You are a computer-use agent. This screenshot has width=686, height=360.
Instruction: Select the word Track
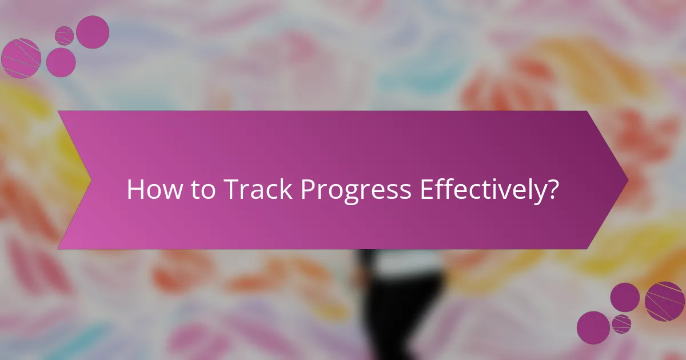pos(259,189)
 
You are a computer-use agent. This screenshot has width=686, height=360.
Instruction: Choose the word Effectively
pos(481,189)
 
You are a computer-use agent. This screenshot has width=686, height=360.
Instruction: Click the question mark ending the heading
pos(552,189)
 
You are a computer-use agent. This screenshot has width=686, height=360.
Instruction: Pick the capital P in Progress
pos(308,189)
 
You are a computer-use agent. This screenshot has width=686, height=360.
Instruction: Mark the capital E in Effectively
pos(425,189)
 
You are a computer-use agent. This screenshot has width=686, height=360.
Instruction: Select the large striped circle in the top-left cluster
pos(21,58)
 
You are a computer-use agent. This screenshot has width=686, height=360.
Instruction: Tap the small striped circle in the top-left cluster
pos(64,35)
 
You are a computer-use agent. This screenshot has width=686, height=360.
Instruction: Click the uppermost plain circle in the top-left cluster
pos(93,32)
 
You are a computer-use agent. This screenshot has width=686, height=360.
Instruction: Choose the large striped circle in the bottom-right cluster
pos(665,301)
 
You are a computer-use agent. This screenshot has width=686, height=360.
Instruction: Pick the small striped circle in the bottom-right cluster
pos(621,323)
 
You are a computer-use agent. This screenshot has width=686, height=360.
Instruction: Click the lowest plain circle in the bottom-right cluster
pos(593,327)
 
